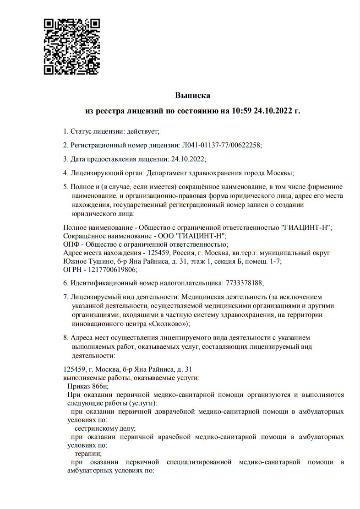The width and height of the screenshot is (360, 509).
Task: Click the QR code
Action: click(71, 46)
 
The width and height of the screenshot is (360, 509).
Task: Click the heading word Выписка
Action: click(192, 96)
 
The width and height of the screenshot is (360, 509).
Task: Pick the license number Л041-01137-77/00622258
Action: click(221, 145)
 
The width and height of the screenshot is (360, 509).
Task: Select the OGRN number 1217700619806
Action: click(104, 270)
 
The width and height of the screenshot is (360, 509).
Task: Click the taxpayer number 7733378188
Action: click(244, 283)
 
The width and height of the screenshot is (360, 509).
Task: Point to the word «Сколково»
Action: click(165, 323)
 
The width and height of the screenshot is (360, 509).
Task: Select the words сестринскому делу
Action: click(105, 428)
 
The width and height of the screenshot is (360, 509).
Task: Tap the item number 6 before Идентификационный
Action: click(65, 283)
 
